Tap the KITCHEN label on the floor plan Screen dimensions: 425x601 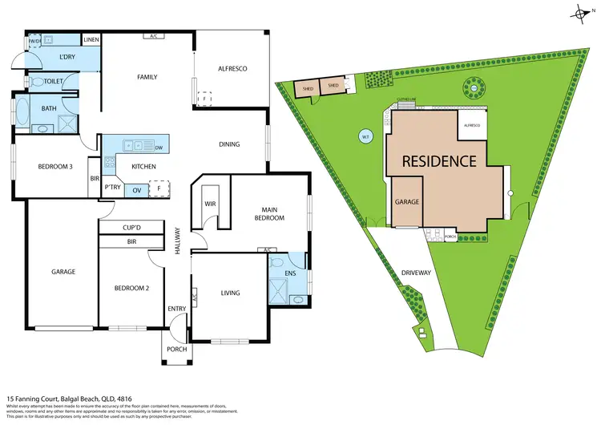click(x=143, y=167)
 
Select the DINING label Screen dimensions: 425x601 click(x=230, y=144)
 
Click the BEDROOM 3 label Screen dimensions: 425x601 click(x=55, y=167)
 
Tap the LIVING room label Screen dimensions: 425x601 click(x=231, y=293)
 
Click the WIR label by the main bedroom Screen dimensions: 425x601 click(x=212, y=204)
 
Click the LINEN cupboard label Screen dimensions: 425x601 click(x=91, y=39)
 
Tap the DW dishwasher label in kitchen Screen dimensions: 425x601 click(x=159, y=148)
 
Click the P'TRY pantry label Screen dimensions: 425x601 click(x=112, y=187)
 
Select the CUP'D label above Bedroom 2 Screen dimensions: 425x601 click(x=131, y=228)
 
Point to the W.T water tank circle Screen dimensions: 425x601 click(x=365, y=136)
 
